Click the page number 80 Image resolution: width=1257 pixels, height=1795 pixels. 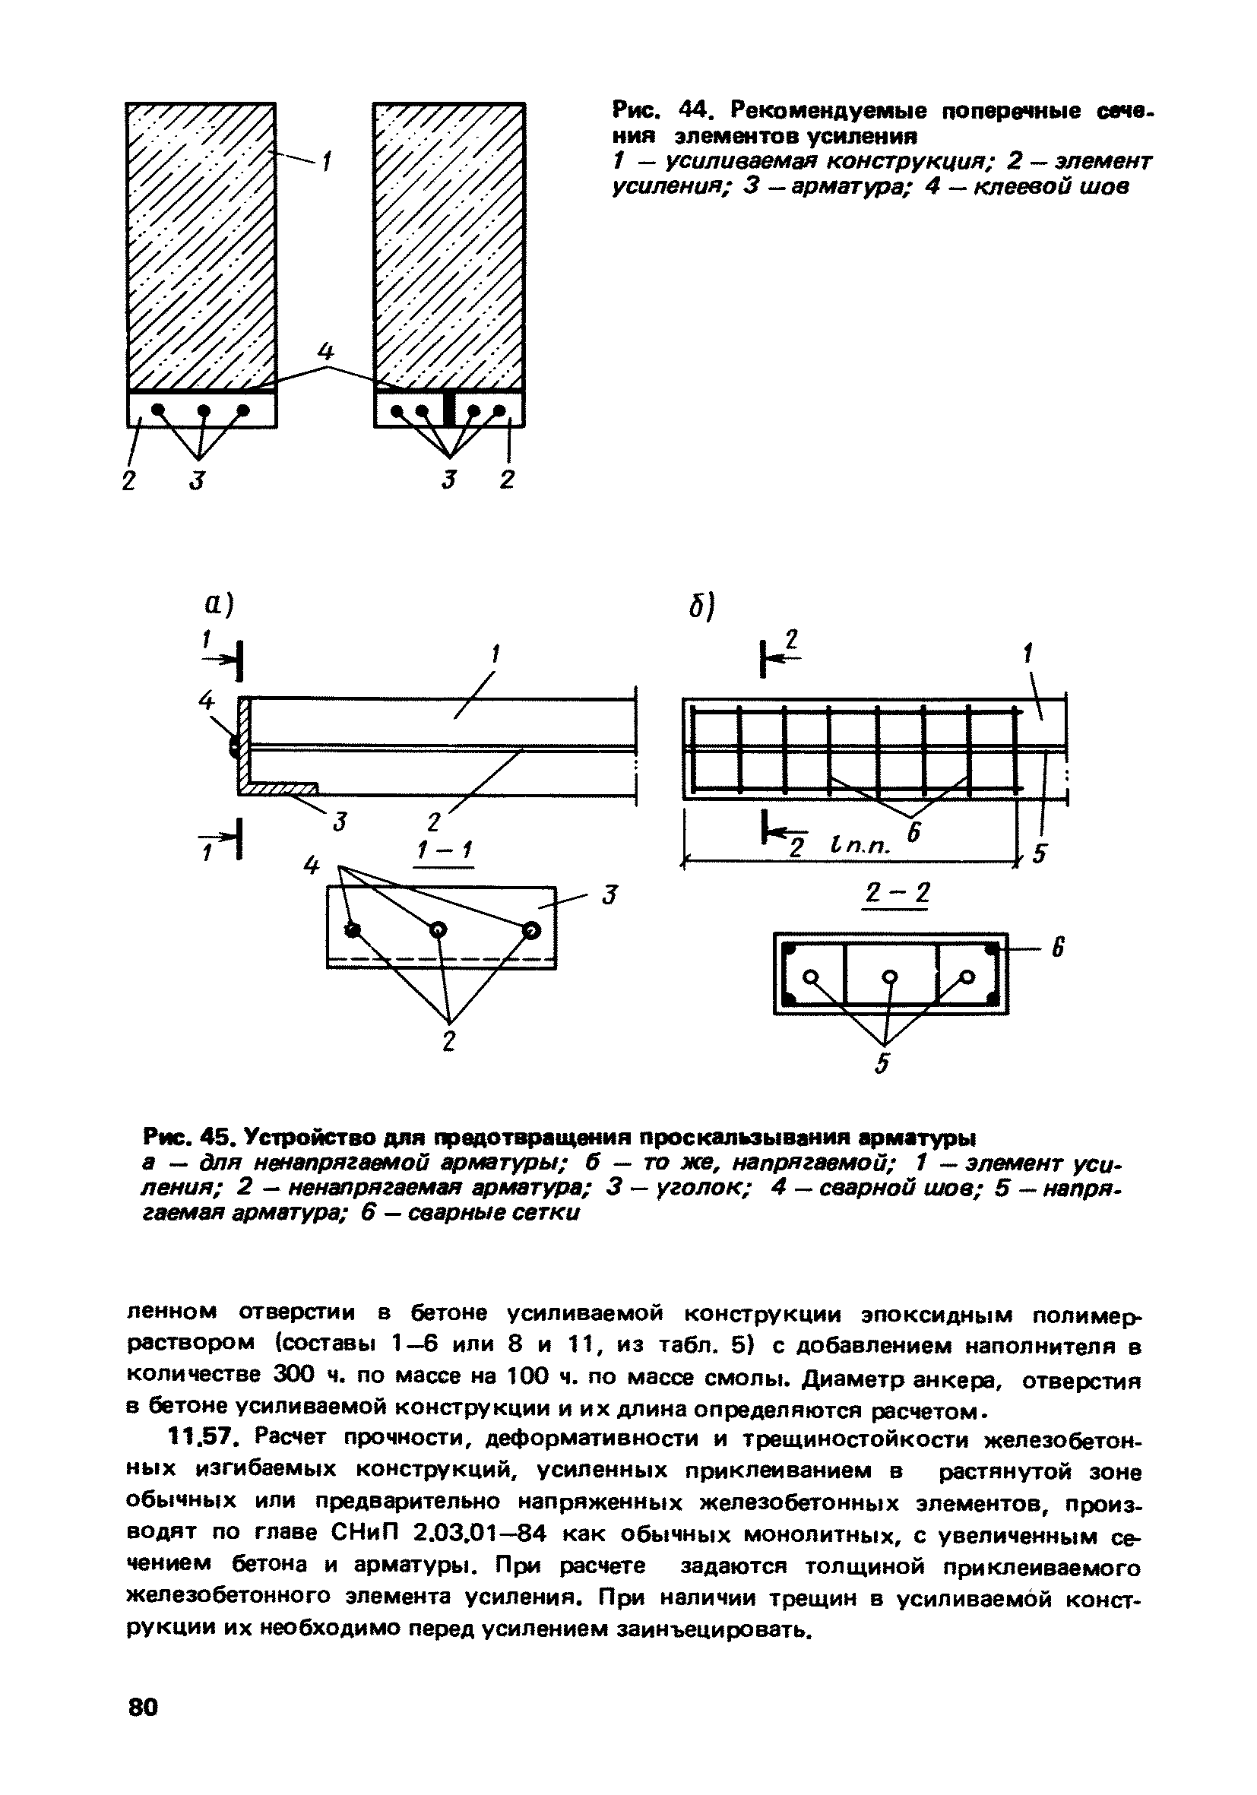[142, 1707]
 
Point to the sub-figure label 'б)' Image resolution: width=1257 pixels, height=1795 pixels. [703, 605]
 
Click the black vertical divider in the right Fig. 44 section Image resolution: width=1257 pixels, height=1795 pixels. [448, 408]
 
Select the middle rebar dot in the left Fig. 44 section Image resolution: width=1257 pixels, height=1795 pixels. [204, 410]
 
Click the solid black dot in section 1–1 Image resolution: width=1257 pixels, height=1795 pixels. [353, 929]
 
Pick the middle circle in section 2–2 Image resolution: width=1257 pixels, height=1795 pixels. [890, 977]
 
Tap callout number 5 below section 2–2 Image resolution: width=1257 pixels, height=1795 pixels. [882, 1063]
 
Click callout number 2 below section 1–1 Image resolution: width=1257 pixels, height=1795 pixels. [448, 1041]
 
